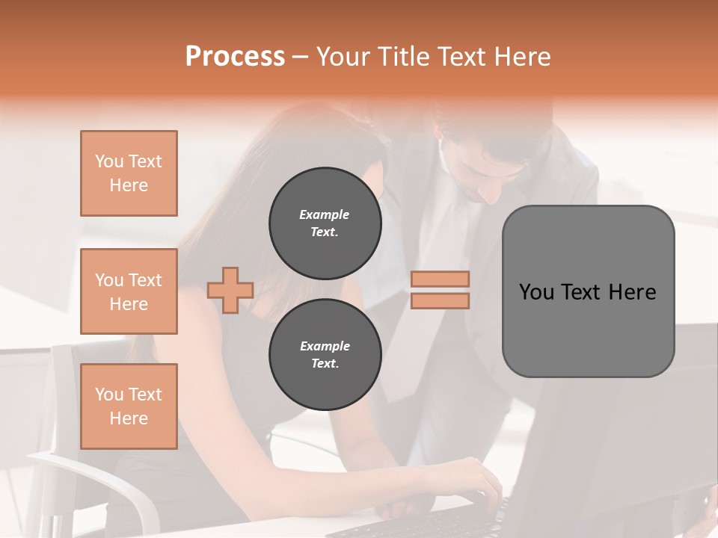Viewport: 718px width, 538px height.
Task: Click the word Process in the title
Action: coord(235,57)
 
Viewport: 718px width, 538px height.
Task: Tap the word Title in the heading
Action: coord(403,57)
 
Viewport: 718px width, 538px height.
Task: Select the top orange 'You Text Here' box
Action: coord(129,173)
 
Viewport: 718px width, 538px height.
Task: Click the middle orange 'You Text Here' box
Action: coord(129,291)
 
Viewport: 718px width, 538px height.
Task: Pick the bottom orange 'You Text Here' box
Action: coord(129,406)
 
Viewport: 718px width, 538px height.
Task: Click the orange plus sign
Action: coord(230,290)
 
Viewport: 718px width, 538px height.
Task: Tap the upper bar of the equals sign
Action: coord(441,279)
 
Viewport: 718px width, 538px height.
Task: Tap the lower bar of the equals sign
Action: coord(441,300)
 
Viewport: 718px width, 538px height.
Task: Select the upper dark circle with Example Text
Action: coord(325,223)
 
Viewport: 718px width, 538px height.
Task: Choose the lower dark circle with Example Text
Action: coord(325,355)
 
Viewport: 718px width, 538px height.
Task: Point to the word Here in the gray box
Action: coord(632,292)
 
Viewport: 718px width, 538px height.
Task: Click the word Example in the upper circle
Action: coord(325,214)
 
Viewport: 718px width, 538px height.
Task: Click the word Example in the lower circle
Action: coord(325,346)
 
